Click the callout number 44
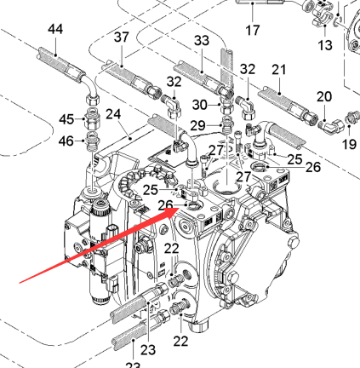55,29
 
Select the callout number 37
122,37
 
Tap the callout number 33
202,41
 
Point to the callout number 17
253,30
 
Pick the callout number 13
325,45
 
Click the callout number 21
279,70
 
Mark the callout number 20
324,96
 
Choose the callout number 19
349,144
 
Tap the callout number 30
200,105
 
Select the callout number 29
197,125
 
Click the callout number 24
113,114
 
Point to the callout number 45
66,119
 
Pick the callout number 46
66,141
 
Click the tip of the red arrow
179,208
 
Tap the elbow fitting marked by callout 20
334,125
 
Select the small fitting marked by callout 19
351,118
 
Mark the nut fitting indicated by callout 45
93,120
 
